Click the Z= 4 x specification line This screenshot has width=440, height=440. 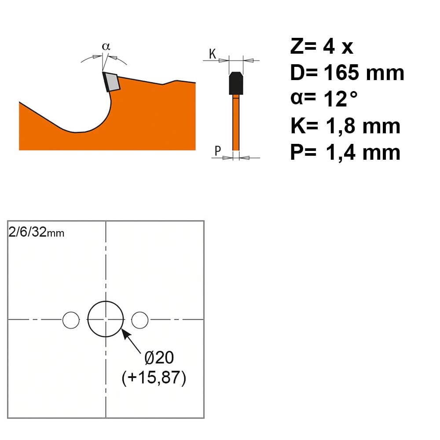[x=322, y=46]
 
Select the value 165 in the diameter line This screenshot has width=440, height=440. [x=341, y=73]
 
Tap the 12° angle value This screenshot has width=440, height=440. [x=341, y=99]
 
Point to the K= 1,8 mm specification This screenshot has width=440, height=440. [x=345, y=126]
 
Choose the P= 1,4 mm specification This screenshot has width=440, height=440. [x=345, y=152]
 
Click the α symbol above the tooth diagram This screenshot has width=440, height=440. [x=106, y=46]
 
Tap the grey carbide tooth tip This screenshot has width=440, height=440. [x=113, y=82]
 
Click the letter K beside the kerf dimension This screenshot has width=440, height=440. [x=213, y=54]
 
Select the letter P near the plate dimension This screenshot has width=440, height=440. [x=217, y=150]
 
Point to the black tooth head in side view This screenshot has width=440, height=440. [x=236, y=83]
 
